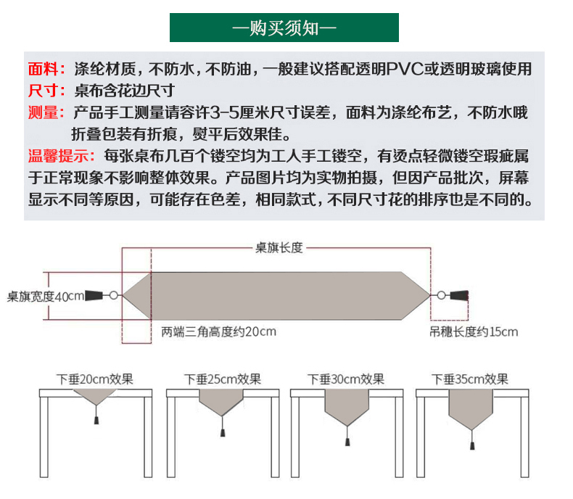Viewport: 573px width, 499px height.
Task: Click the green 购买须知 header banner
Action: coord(284,28)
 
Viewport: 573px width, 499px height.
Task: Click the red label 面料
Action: coord(46,70)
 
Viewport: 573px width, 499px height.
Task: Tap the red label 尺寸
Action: coord(46,91)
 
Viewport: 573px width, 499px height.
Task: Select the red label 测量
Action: coord(46,113)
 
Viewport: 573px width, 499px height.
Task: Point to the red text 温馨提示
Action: coord(62,156)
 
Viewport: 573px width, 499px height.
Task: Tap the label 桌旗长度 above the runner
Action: coord(279,248)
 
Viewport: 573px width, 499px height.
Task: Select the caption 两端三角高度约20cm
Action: coord(219,332)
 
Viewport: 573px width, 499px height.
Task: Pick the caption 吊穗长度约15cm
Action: coord(474,332)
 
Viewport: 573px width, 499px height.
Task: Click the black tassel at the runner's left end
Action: coord(95,295)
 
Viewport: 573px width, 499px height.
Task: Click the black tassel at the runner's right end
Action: coord(459,295)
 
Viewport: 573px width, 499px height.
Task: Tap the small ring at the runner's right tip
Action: coord(440,295)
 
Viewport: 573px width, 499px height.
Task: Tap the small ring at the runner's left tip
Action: coord(114,295)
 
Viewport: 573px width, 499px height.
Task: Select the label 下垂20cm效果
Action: coord(95,379)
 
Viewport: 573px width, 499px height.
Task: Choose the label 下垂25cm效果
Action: coord(222,379)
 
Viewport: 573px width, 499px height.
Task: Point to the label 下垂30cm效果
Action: coord(346,379)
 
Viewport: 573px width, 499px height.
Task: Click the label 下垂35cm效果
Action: coord(470,379)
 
